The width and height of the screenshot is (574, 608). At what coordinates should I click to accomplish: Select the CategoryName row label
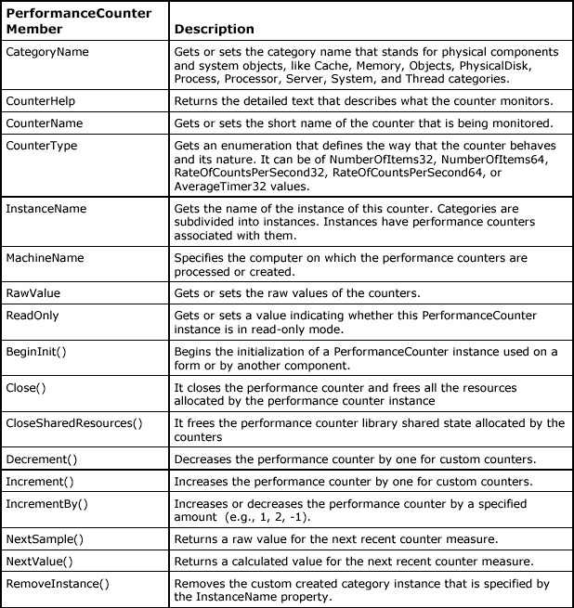(x=47, y=52)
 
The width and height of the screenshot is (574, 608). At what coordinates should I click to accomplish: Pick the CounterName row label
(x=45, y=123)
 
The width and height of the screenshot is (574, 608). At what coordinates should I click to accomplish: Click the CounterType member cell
(x=42, y=146)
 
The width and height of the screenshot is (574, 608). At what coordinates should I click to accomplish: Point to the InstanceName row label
(x=46, y=209)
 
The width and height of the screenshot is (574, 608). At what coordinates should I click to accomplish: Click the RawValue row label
(x=33, y=293)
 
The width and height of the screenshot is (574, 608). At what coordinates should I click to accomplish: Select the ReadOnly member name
(x=33, y=316)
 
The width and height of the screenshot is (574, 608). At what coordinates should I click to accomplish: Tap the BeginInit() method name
(x=36, y=352)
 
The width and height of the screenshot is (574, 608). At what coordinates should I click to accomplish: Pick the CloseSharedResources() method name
(x=74, y=423)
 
